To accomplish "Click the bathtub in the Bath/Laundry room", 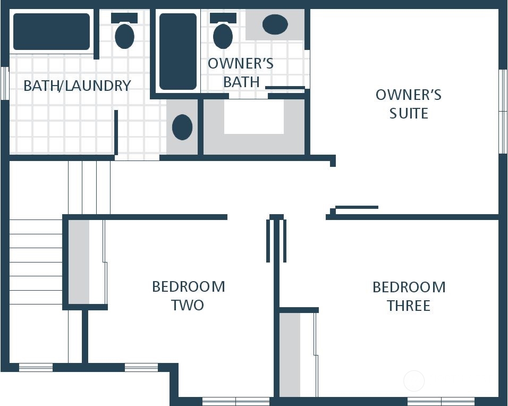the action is (x=52, y=31).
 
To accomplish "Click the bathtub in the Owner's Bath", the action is (x=178, y=52).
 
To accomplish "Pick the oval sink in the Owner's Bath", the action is (x=275, y=24).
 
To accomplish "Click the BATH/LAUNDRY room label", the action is (x=77, y=86).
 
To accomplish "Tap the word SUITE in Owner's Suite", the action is (x=409, y=113).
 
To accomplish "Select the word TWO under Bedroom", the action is (x=188, y=305).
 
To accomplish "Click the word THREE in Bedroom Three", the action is (x=409, y=306).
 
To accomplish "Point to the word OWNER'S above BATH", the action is (x=240, y=64).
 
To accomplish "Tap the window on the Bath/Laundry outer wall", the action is (x=5, y=83).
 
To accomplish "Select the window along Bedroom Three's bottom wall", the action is (x=441, y=401).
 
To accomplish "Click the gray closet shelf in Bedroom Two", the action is (x=79, y=261).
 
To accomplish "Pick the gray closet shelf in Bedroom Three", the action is (x=290, y=354).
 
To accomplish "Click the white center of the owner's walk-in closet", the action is (x=254, y=116).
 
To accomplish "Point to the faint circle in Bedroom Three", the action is (x=414, y=380).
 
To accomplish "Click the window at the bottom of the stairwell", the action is (x=36, y=367).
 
